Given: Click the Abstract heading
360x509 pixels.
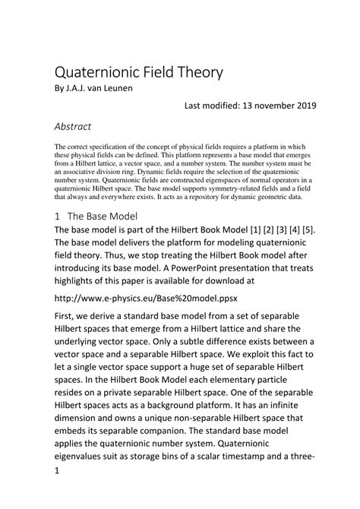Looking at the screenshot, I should (73, 126).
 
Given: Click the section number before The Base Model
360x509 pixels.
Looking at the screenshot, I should (58, 216).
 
